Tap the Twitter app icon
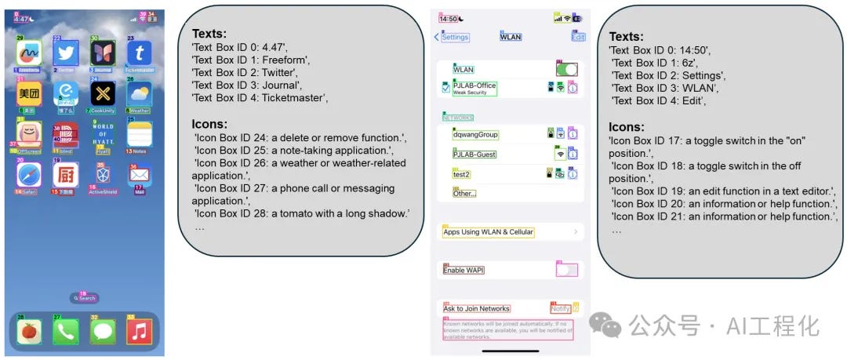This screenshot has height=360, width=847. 66,53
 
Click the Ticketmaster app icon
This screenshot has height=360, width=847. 140,53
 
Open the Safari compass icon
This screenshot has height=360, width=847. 29,173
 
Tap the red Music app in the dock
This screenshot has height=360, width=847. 140,332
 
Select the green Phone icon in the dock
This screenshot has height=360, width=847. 66,332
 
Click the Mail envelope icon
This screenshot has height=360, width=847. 140,174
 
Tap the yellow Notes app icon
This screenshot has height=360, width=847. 140,133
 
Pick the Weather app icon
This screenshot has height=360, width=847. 140,94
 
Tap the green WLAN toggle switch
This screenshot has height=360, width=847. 566,70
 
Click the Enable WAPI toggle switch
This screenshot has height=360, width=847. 566,270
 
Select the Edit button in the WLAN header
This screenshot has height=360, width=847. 579,37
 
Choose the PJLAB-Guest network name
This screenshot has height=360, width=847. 474,155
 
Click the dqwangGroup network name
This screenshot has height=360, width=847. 475,135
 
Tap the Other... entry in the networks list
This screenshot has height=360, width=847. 464,193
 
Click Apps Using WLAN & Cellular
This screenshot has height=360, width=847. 488,232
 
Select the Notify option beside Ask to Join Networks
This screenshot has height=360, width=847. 560,308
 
